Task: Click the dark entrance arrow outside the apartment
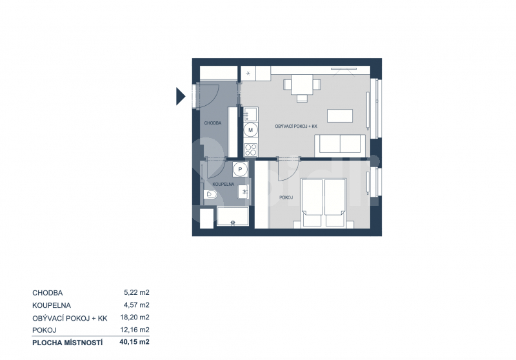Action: [x=181, y=96]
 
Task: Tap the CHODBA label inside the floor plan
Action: [x=213, y=123]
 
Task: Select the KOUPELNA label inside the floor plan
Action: [x=223, y=185]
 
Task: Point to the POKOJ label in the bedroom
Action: [x=286, y=197]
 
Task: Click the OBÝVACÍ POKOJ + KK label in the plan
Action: [x=296, y=126]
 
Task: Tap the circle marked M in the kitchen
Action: [x=251, y=130]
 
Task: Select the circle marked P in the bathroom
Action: [x=240, y=170]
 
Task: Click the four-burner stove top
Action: [x=251, y=150]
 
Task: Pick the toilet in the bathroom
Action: [x=210, y=195]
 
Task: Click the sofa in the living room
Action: [x=340, y=146]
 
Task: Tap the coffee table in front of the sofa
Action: [x=340, y=115]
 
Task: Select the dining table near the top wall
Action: [x=302, y=85]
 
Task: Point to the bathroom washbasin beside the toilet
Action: [x=243, y=192]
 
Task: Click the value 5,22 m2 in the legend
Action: [x=137, y=292]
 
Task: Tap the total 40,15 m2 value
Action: [x=135, y=342]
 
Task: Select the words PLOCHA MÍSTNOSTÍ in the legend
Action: [x=68, y=343]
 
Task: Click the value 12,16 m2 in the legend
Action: [x=135, y=330]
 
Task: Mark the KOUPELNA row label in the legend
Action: [x=52, y=305]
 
